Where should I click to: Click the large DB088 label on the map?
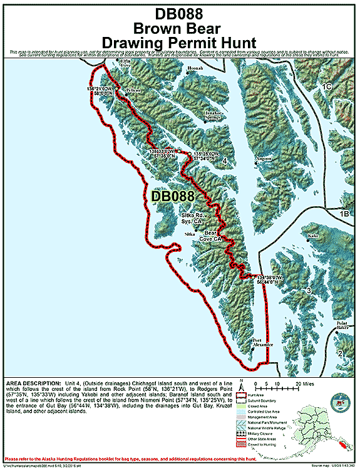click(x=173, y=197)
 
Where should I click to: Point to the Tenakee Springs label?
click(x=213, y=115)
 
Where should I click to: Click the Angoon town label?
click(x=264, y=159)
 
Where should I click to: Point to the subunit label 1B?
click(x=344, y=214)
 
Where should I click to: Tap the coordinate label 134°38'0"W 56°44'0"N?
click(x=270, y=279)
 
